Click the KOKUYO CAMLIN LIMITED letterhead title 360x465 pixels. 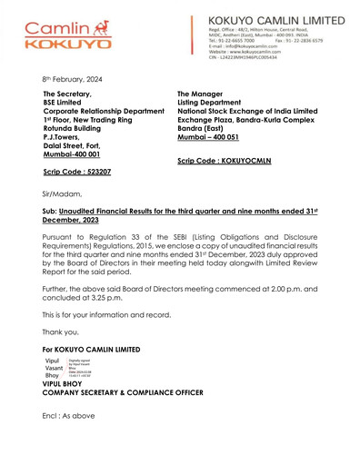tap(275, 19)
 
